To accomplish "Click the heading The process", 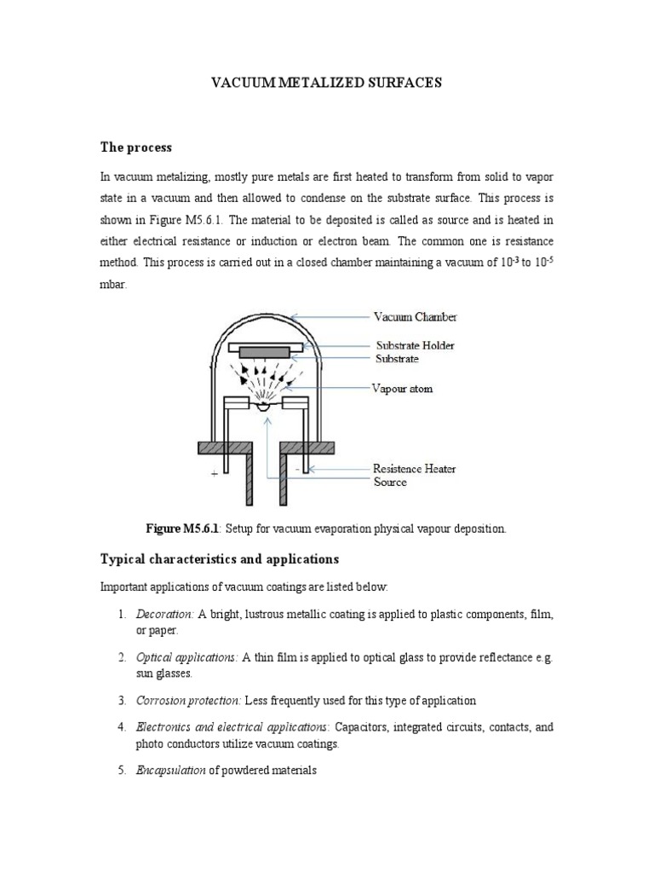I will (x=136, y=147).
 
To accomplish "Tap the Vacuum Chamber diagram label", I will (x=415, y=317).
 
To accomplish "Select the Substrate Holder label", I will (x=416, y=345).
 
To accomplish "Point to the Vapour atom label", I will (x=403, y=389).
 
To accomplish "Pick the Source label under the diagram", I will (x=390, y=483).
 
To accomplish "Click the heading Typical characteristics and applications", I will (x=220, y=559).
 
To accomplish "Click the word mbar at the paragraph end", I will (x=113, y=286).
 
